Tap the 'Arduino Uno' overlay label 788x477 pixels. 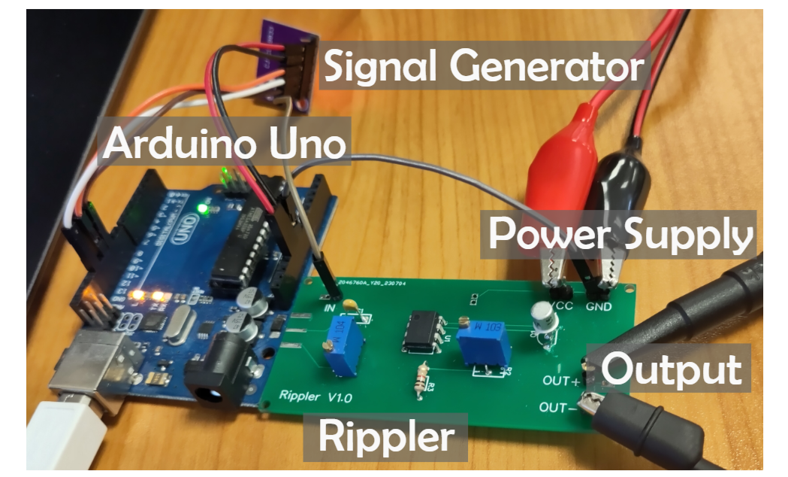[x=225, y=142]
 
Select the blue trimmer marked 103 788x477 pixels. [x=483, y=341]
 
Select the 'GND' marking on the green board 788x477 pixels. [x=598, y=307]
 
